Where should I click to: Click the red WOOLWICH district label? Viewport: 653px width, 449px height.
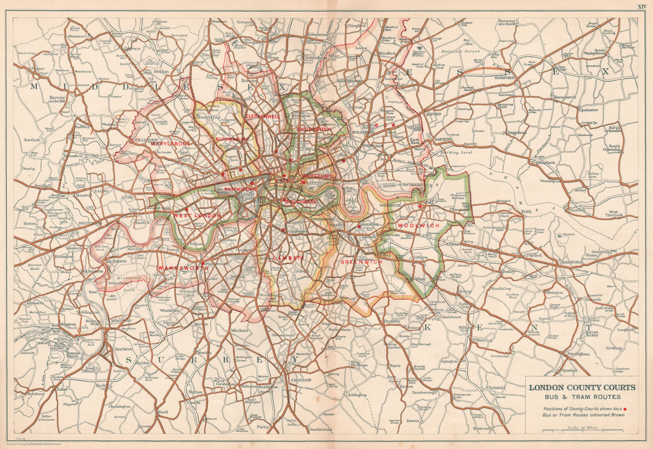pyautogui.click(x=419, y=226)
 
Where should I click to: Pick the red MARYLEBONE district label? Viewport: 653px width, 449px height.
pyautogui.click(x=171, y=144)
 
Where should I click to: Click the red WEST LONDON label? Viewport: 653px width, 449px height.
pyautogui.click(x=197, y=215)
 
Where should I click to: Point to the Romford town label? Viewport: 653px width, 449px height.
pyautogui.click(x=504, y=77)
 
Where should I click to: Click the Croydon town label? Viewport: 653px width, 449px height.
pyautogui.click(x=301, y=380)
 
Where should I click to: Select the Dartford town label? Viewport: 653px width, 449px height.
pyautogui.click(x=573, y=263)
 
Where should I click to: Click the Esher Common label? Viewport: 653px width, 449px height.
pyautogui.click(x=46, y=417)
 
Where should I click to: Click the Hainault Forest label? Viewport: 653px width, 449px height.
pyautogui.click(x=461, y=52)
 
